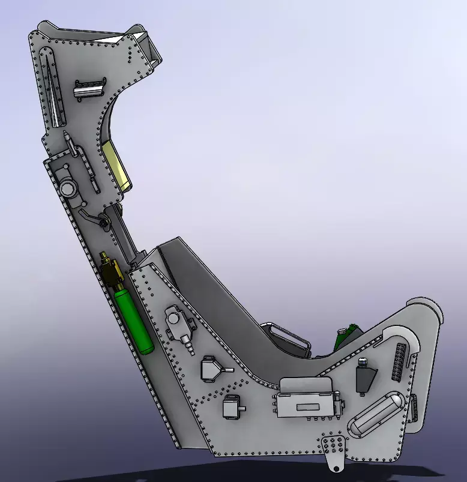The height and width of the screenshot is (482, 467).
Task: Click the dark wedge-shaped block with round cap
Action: coord(365,376)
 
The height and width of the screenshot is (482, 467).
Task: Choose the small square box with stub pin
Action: coord(231,408)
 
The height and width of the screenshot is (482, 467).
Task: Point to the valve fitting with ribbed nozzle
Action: coord(179,327)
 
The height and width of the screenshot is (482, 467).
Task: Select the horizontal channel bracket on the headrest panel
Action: coord(89,89)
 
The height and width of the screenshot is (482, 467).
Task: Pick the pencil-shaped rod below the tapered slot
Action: coord(72,145)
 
